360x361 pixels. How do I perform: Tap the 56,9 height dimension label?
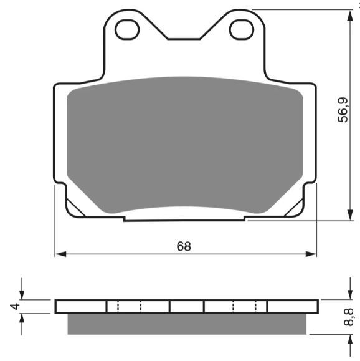pyautogui.click(x=343, y=110)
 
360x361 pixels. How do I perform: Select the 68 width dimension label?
pyautogui.click(x=184, y=246)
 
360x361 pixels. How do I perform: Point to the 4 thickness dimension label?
pyautogui.click(x=15, y=306)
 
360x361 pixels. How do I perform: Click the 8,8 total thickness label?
pyautogui.click(x=349, y=317)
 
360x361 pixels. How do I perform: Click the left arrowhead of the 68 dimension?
pyautogui.click(x=61, y=254)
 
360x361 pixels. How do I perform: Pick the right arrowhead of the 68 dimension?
pyautogui.click(x=311, y=254)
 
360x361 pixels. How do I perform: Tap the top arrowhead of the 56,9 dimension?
pyautogui.click(x=350, y=16)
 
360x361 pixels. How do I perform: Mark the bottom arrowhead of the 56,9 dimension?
pyautogui.click(x=350, y=215)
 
